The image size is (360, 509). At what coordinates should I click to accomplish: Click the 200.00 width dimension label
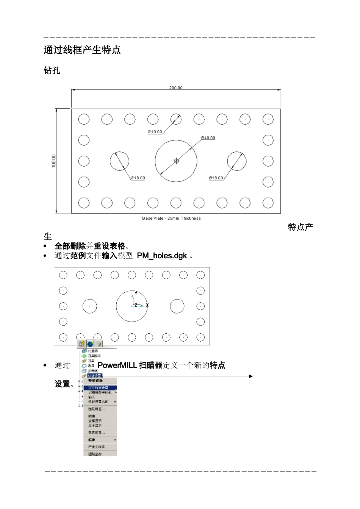175,88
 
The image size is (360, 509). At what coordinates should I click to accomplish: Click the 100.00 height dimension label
54,161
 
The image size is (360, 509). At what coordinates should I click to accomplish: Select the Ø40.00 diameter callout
208,138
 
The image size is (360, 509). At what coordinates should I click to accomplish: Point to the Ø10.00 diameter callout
155,132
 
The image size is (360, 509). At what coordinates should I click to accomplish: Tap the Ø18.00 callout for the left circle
138,178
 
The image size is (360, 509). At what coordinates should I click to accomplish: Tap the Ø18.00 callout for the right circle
216,178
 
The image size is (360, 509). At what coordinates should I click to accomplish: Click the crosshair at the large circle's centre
176,161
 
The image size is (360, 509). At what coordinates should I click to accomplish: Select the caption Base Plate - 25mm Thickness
171,219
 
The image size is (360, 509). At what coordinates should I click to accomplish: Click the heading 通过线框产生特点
82,50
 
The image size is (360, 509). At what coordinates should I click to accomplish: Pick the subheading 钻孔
52,70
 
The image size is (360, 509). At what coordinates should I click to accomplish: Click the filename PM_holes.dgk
162,256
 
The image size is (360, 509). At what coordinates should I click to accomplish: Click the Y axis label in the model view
136,294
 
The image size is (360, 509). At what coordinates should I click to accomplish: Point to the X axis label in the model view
147,305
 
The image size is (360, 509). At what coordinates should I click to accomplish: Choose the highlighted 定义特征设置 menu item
99,388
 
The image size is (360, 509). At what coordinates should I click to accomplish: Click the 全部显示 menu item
95,421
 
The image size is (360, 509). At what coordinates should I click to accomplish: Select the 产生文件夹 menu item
96,447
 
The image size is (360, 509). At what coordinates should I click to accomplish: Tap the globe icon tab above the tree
90,344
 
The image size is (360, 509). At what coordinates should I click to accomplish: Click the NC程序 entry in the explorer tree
93,351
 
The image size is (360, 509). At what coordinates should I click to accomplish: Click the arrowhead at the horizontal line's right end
251,376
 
